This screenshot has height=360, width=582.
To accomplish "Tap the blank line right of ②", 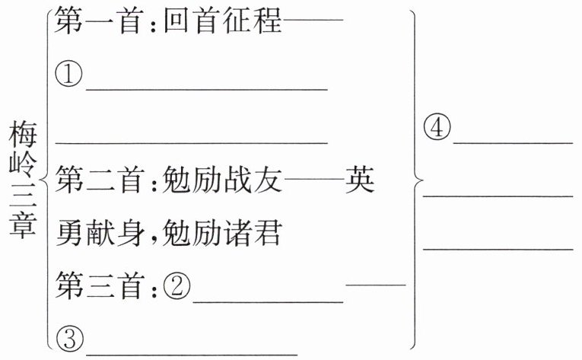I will pyautogui.click(x=269, y=301).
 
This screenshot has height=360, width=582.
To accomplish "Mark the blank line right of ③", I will pyautogui.click(x=191, y=352).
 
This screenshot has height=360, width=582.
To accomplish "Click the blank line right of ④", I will pyautogui.click(x=513, y=141).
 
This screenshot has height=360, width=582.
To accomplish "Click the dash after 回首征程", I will pyautogui.click(x=313, y=23).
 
